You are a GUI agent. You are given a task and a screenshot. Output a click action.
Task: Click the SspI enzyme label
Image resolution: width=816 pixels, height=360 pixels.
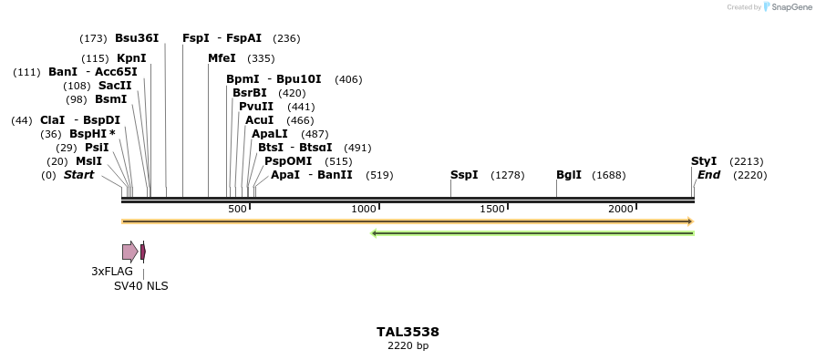point(464,175)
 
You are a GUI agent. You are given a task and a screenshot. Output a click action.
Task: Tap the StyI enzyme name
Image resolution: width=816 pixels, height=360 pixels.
point(704,161)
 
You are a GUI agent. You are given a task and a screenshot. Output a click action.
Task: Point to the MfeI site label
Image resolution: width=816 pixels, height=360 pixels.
point(222,58)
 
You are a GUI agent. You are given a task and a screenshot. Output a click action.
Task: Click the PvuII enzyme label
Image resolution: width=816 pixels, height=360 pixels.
point(256,107)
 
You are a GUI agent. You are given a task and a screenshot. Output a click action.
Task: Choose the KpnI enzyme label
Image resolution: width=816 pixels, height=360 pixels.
point(131,58)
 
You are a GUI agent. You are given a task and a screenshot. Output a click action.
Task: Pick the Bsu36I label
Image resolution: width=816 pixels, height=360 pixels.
point(137,38)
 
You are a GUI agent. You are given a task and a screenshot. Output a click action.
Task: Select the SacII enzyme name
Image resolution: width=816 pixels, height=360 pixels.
point(115,86)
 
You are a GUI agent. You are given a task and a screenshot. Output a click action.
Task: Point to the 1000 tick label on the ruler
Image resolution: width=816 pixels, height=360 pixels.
point(364,210)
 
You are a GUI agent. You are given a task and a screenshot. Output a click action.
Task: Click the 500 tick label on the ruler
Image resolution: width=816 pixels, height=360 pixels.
point(237,210)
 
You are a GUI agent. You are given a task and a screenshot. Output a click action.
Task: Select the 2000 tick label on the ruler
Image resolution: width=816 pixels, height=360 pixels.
point(621,210)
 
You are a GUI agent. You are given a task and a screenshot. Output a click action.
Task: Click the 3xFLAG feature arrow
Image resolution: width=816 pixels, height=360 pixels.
point(129,252)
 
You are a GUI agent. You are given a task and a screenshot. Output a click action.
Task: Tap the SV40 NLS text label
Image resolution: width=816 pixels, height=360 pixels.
point(140,286)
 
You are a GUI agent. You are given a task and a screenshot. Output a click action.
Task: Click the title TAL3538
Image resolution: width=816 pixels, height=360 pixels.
point(408,333)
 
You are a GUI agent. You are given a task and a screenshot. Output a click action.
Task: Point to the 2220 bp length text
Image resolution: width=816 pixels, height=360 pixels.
point(408,346)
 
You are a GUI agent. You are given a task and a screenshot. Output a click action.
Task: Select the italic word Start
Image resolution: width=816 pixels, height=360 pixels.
point(78,175)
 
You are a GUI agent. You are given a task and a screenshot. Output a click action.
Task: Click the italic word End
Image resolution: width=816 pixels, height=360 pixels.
point(708,175)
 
